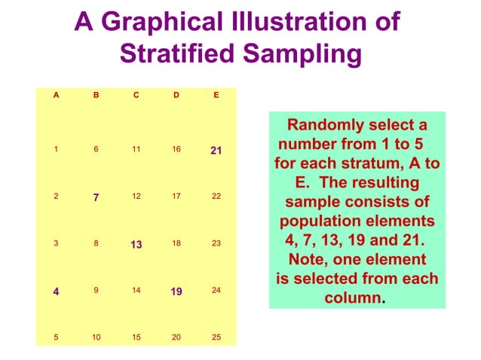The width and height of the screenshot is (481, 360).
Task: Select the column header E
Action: click(x=216, y=95)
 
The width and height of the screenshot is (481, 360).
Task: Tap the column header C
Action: click(x=136, y=95)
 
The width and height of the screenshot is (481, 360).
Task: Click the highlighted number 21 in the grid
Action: click(x=216, y=151)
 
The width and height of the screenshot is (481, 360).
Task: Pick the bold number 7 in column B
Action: click(x=96, y=197)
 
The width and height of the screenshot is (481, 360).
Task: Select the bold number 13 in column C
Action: click(x=136, y=245)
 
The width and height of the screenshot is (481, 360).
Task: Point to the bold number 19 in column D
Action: click(x=176, y=291)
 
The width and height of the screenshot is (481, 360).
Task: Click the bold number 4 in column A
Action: click(x=56, y=291)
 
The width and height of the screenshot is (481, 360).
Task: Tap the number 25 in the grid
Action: click(x=216, y=337)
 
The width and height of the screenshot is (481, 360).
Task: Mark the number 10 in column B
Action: click(x=96, y=337)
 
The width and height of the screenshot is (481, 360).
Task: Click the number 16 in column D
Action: click(x=176, y=149)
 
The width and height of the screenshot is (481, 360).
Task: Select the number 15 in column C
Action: click(x=136, y=337)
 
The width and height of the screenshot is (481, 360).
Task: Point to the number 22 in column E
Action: click(x=216, y=197)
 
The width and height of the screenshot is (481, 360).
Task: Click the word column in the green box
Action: click(x=352, y=297)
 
